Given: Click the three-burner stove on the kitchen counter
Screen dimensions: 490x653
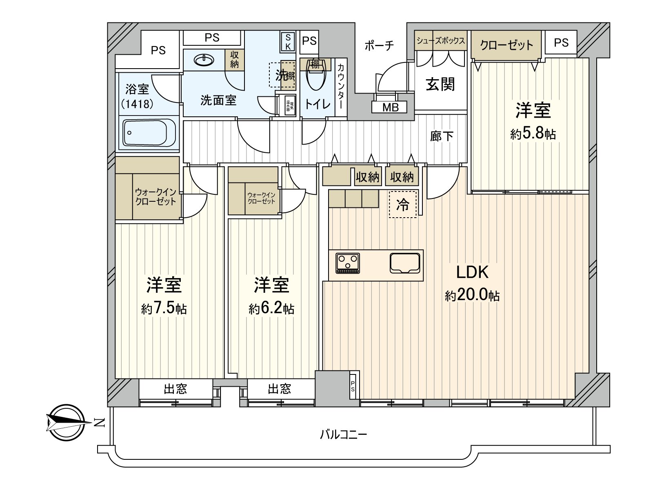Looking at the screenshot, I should coord(348,263).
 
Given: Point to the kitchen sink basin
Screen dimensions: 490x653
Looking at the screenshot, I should coord(405,263).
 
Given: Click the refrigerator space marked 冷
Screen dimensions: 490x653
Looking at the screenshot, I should coord(403,205).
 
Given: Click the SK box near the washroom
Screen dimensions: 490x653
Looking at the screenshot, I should coord(288,42).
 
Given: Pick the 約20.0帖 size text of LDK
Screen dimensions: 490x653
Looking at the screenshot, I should coord(472,295).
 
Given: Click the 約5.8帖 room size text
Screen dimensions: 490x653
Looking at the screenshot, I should coord(533,134).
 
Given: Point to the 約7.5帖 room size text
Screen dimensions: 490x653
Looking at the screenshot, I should coord(164,308).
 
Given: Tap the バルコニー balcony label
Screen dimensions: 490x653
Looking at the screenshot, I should coord(343,434).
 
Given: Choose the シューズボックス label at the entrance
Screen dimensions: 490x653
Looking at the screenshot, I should coord(440,41).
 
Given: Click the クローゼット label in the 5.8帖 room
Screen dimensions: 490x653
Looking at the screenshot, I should coord(506,45).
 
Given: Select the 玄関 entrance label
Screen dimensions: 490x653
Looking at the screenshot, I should coord(440,85).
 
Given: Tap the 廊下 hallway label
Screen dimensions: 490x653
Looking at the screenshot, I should coord(442,136).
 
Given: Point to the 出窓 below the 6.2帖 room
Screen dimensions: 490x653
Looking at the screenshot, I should coord(280,389).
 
